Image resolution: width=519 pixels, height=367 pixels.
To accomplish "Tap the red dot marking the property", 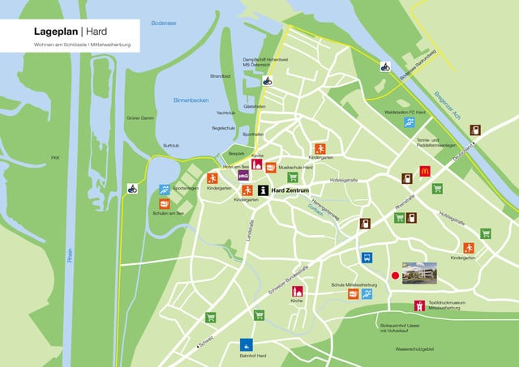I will point(395,275).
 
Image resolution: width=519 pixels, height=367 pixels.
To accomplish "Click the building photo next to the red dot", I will point(419,272).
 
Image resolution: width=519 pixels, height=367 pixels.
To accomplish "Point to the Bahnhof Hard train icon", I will point(245,344).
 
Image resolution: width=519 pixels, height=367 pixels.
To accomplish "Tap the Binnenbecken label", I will point(191,100).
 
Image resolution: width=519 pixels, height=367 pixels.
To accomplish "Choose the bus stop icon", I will point(367,258).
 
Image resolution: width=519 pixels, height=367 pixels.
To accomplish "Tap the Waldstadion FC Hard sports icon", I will point(410,122).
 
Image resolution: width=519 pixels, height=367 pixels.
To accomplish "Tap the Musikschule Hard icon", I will point(271,168).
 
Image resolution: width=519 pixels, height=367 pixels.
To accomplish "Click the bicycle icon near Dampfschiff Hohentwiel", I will point(266,80).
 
